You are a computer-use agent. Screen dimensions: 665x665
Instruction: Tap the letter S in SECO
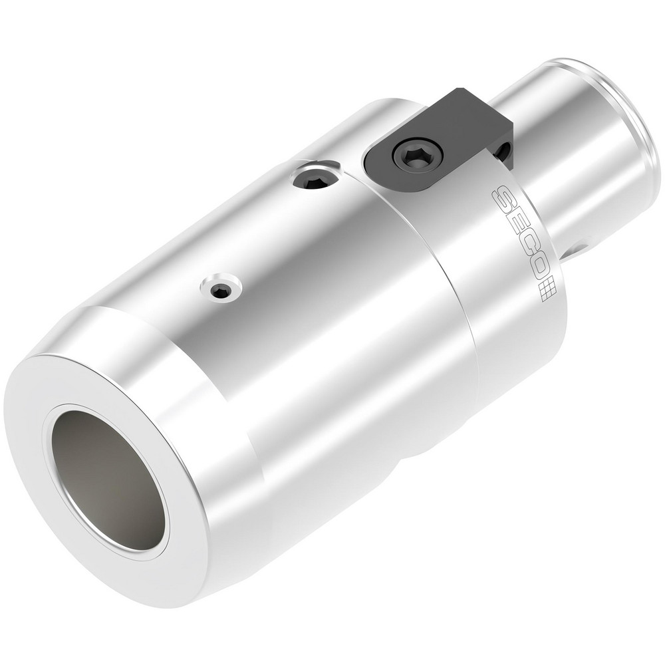[502, 198]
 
